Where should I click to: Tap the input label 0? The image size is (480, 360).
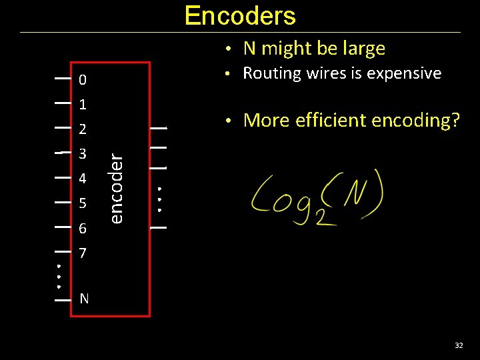click(x=82, y=81)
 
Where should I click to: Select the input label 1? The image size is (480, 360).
click(x=82, y=105)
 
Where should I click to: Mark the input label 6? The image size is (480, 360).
click(x=82, y=229)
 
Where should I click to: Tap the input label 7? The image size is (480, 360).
click(x=82, y=254)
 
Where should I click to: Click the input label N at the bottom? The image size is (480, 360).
click(x=84, y=299)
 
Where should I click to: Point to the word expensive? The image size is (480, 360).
click(x=409, y=73)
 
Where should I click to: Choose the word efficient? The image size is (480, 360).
click(x=323, y=121)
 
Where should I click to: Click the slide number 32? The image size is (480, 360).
click(x=459, y=345)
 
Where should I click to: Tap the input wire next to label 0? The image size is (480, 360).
click(x=63, y=79)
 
